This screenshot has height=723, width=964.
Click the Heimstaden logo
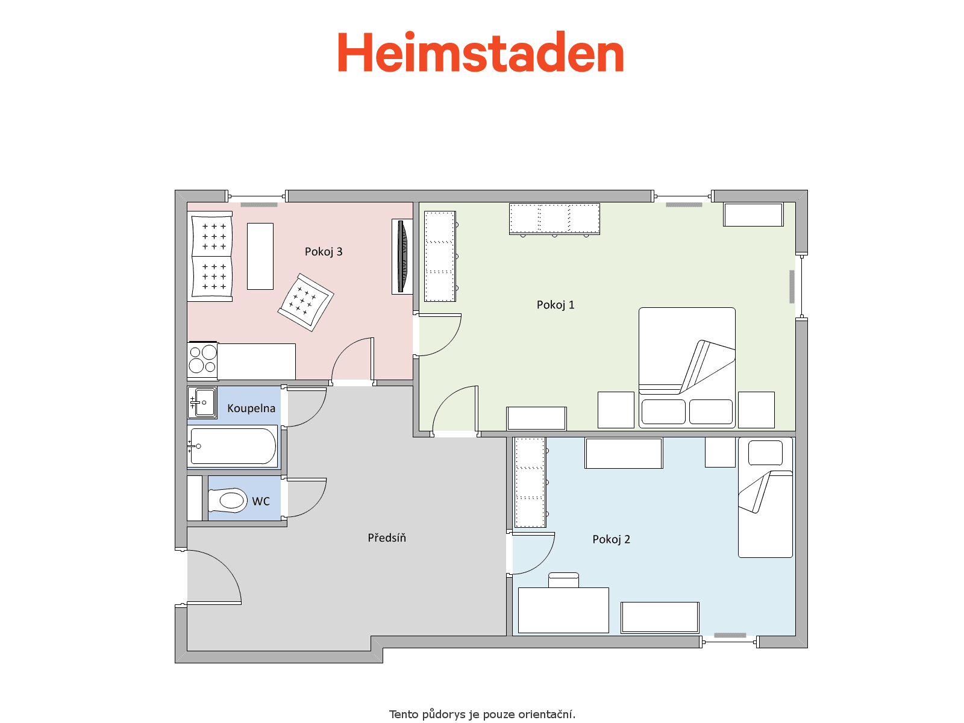pyautogui.click(x=480, y=52)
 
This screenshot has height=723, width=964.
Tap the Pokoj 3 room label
pyautogui.click(x=323, y=252)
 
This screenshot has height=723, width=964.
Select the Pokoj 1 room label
pyautogui.click(x=555, y=305)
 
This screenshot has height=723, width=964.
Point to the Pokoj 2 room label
pyautogui.click(x=611, y=539)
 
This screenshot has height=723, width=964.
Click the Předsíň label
pyautogui.click(x=386, y=537)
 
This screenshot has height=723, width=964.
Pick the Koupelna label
pyautogui.click(x=251, y=408)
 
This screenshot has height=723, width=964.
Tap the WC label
pyautogui.click(x=261, y=501)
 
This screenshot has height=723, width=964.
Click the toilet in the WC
pyautogui.click(x=228, y=501)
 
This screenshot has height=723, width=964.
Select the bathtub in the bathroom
pyautogui.click(x=233, y=446)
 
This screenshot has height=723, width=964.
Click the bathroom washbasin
pyautogui.click(x=202, y=402)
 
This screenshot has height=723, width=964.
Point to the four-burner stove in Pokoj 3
pyautogui.click(x=202, y=360)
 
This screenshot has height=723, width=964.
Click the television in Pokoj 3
pyautogui.click(x=402, y=257)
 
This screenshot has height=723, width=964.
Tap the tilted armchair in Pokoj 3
pyautogui.click(x=305, y=302)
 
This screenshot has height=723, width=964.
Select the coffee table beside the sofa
pyautogui.click(x=260, y=257)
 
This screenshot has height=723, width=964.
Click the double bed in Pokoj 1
pyautogui.click(x=686, y=368)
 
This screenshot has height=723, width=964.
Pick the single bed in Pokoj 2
pyautogui.click(x=765, y=498)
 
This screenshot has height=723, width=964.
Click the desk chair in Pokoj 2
pyautogui.click(x=563, y=580)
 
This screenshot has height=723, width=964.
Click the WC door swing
pyautogui.click(x=315, y=503)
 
